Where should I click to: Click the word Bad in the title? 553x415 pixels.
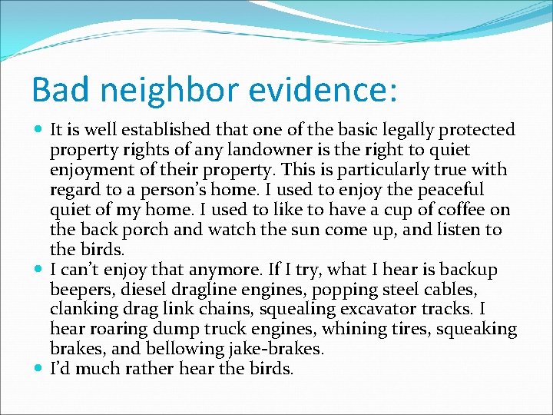point(56,90)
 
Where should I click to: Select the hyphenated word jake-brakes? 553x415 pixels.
point(274,350)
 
